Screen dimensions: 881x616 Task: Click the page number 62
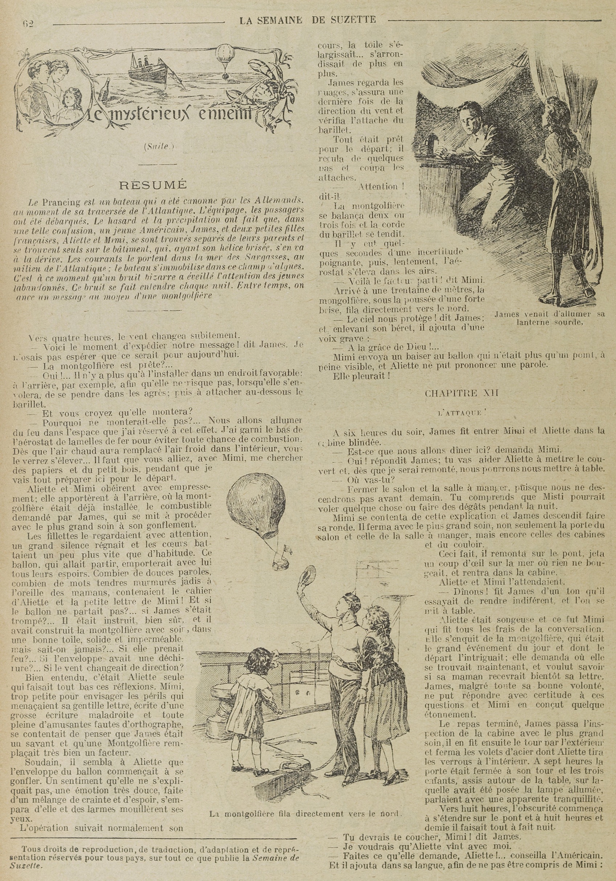point(28,24)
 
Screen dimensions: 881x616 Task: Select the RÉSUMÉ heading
point(153,185)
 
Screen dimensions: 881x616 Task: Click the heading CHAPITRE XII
point(461,393)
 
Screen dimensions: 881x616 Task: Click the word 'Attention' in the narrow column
point(377,187)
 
